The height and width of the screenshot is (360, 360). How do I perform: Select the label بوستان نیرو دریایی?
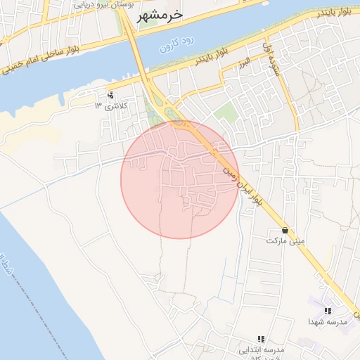coord(95,4)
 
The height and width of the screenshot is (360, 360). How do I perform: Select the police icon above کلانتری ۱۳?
coord(111,95)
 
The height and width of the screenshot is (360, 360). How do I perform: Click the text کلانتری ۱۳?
coord(108,106)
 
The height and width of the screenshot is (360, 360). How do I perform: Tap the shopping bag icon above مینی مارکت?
coord(285,230)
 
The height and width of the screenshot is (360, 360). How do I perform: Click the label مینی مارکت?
coord(285,240)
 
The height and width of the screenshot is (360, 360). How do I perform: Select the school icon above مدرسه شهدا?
coord(328,310)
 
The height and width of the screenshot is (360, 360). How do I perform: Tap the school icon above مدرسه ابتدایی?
coord(261,339)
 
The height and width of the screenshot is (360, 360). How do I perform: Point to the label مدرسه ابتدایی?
coord(261,349)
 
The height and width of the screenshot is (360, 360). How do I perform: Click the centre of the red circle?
coord(179,179)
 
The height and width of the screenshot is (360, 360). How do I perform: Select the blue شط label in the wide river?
coord(8,264)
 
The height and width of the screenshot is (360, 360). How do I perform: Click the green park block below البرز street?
coord(225,112)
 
